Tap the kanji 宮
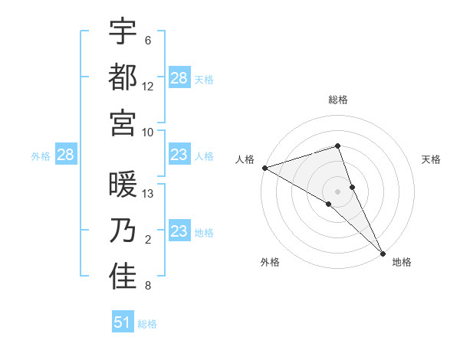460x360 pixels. pyautogui.click(x=123, y=122)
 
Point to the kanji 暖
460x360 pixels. pyautogui.click(x=123, y=185)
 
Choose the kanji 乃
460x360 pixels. pyautogui.click(x=123, y=231)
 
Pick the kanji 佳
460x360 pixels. pyautogui.click(x=123, y=277)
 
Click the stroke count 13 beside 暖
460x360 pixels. pyautogui.click(x=148, y=193)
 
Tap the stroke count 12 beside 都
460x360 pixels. pyautogui.click(x=148, y=86)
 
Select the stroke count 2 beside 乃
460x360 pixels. pyautogui.click(x=148, y=241)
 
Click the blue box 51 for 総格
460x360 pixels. pyautogui.click(x=123, y=322)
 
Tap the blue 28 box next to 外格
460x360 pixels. pyautogui.click(x=65, y=155)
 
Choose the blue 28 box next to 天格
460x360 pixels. pyautogui.click(x=179, y=78)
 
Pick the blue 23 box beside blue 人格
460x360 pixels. pyautogui.click(x=179, y=155)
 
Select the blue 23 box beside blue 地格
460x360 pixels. pyautogui.click(x=179, y=231)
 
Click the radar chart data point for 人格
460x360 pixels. pyautogui.click(x=264, y=168)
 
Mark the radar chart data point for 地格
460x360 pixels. pyautogui.click(x=382, y=253)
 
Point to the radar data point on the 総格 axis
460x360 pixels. pyautogui.click(x=337, y=146)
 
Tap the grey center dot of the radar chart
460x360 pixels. pyautogui.click(x=337, y=190)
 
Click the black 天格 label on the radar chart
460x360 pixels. pyautogui.click(x=431, y=159)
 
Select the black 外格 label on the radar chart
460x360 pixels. pyautogui.click(x=270, y=262)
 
